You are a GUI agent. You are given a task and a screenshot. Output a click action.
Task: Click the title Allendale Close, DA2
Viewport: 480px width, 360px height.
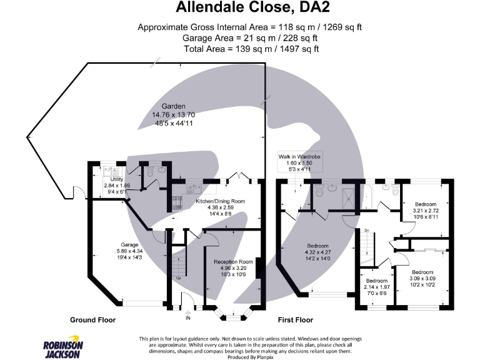(x=253, y=7)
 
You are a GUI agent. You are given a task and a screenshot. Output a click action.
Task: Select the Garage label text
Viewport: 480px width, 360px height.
(x=129, y=245)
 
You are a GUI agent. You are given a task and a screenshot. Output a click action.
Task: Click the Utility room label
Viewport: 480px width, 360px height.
(x=117, y=179)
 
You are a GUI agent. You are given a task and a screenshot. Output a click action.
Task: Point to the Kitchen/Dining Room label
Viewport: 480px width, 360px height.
(x=221, y=201)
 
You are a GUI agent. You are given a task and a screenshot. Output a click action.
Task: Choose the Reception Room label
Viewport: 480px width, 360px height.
(x=233, y=262)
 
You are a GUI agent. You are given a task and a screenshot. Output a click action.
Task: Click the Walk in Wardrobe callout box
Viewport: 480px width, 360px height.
(x=299, y=162)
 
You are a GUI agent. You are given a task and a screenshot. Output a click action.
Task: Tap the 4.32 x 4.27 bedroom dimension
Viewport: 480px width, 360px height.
(x=317, y=252)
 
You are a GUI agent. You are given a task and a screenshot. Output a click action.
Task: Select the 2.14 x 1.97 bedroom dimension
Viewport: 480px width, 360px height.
(x=377, y=287)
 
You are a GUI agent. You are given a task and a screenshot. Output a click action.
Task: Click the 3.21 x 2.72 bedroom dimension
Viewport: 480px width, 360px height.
(x=426, y=211)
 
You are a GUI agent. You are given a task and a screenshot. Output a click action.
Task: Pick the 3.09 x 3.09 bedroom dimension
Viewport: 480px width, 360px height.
(x=422, y=278)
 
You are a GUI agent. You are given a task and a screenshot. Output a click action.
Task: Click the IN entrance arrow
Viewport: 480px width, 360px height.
(x=188, y=314)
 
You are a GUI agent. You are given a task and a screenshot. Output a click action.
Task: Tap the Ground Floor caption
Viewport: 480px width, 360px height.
(x=92, y=320)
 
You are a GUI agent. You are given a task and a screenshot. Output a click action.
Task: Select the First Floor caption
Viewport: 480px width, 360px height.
(x=296, y=320)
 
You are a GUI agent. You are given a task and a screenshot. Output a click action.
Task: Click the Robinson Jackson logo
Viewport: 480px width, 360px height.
(x=62, y=346)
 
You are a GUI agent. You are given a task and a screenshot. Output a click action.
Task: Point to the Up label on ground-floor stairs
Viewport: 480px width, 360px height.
(x=179, y=278)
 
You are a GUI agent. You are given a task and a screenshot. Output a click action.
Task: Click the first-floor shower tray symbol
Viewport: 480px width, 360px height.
(x=348, y=199)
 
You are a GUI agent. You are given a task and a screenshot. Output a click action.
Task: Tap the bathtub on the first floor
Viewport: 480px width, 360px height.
(x=366, y=197)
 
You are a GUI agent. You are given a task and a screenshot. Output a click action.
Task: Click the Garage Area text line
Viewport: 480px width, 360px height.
(x=250, y=38)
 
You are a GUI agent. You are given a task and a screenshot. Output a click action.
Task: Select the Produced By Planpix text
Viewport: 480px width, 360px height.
(x=250, y=357)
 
